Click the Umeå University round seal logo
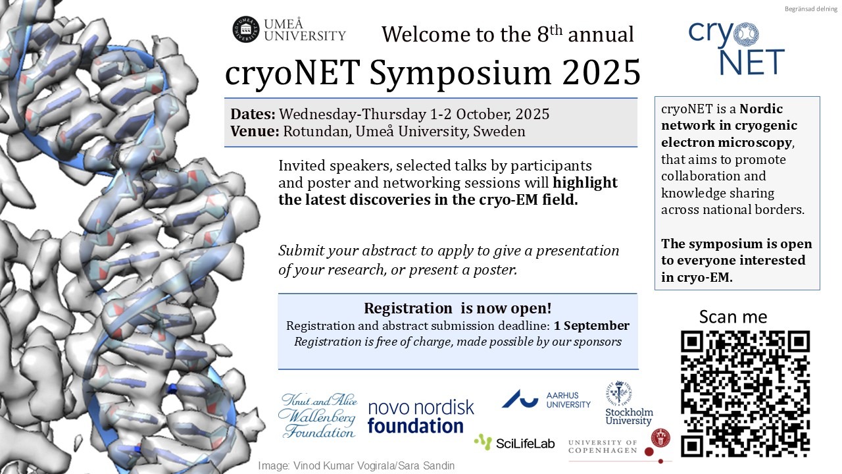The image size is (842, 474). coord(246,30)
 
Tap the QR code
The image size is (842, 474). coord(745,394)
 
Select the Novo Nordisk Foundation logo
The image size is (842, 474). coord(421,417)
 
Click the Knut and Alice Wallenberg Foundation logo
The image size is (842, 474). coord(318,415)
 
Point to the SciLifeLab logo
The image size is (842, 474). coord(514,442)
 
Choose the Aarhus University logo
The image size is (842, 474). coord(546,400)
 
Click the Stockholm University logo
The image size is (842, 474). coord(629,404)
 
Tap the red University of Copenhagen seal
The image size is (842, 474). coord(660,438)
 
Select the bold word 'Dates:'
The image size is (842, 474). coord(253,114)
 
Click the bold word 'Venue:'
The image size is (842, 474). coord(255,131)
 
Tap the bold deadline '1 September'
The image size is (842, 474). coord(591,326)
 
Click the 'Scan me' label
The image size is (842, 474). coord(733,317)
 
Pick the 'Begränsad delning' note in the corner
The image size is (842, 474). coord(811,9)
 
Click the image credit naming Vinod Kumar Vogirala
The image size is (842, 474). coord(357,465)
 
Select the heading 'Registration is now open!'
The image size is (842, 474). coord(457,309)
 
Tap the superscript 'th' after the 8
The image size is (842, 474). coord(556,30)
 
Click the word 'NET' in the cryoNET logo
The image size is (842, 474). coord(752,63)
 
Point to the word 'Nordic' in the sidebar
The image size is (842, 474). coord(761,109)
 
